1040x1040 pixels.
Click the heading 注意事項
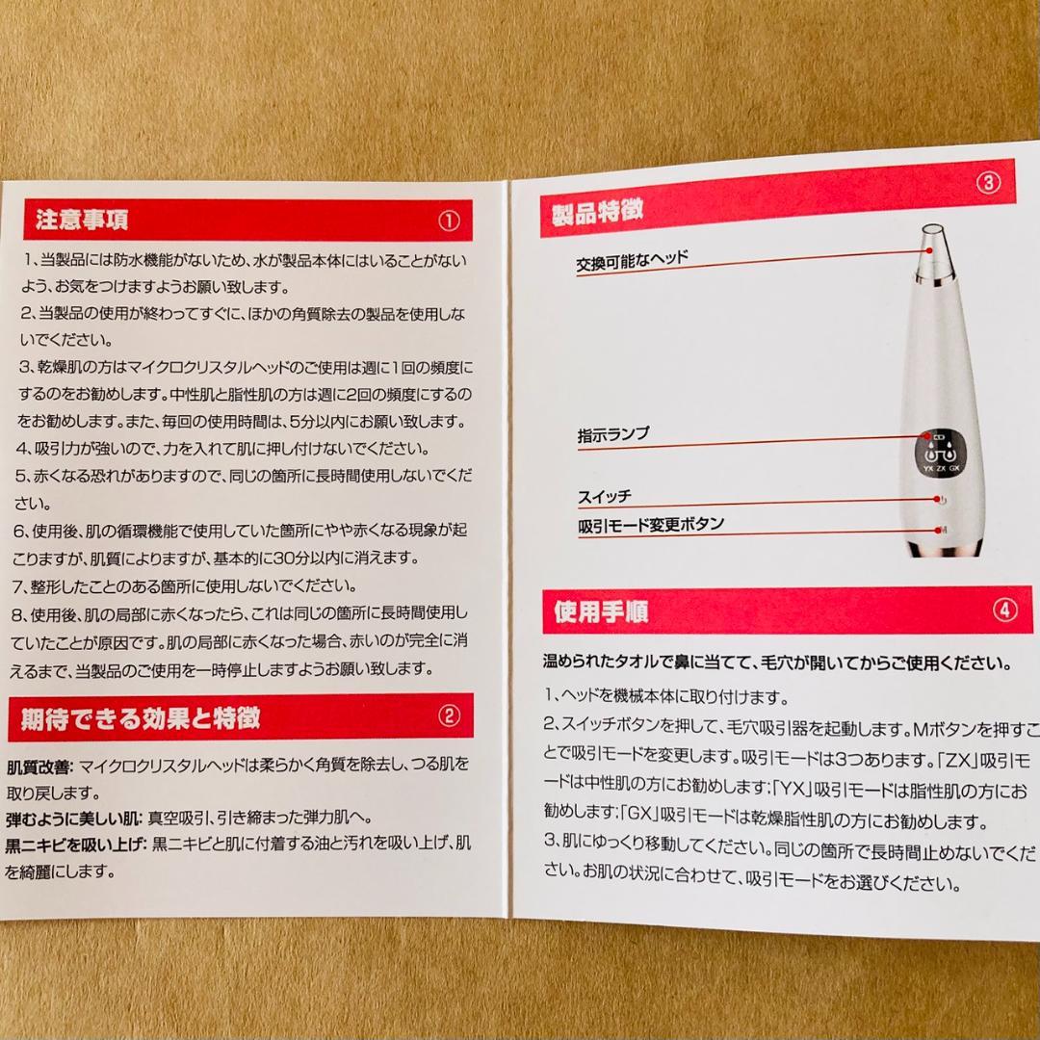click(x=82, y=220)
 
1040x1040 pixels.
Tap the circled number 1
click(x=449, y=221)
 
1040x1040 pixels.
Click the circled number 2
click(x=449, y=715)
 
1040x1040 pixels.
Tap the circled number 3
click(x=988, y=182)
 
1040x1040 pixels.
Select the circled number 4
click(x=1002, y=609)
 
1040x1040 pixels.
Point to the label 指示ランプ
click(x=613, y=434)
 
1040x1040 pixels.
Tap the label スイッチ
click(x=605, y=497)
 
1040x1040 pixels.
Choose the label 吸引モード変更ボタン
click(x=651, y=526)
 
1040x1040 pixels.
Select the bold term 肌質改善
click(x=39, y=767)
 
